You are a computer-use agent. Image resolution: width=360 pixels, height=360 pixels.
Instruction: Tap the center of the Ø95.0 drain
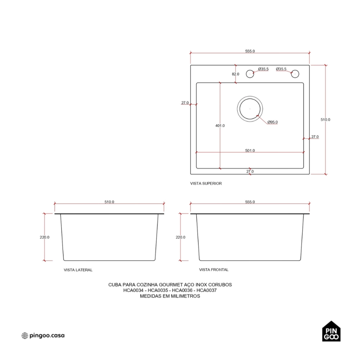click(x=250, y=109)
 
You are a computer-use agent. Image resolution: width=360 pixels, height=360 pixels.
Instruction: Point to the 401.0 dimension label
click(x=220, y=126)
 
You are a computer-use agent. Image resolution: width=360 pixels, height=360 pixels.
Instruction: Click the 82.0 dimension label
click(x=235, y=74)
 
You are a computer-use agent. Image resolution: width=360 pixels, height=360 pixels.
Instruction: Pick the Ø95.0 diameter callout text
click(x=273, y=122)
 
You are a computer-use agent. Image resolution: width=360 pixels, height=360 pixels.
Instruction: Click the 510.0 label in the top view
click(x=325, y=120)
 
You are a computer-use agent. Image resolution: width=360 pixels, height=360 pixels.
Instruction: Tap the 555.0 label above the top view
click(x=250, y=51)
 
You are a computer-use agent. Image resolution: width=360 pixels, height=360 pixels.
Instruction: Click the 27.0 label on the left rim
click(x=185, y=103)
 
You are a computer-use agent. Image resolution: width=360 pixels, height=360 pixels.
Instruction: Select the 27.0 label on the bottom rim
click(x=250, y=171)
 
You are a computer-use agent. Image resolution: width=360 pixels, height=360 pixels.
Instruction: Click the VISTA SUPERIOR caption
click(x=206, y=184)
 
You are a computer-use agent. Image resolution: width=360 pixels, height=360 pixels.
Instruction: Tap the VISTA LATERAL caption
click(x=78, y=270)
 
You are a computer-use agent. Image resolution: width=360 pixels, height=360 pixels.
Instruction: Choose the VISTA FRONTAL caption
click(x=214, y=270)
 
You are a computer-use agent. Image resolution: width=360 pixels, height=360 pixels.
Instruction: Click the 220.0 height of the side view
click(x=45, y=237)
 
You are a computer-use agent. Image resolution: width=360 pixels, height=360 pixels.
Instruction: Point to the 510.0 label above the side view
click(x=109, y=202)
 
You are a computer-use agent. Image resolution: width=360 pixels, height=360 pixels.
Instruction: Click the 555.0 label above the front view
click(x=250, y=202)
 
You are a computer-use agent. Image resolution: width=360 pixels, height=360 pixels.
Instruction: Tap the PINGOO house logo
click(x=331, y=331)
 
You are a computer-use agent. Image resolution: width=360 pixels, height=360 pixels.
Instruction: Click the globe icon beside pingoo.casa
click(x=24, y=336)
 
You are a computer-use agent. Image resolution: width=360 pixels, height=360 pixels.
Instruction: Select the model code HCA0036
click(x=182, y=290)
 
